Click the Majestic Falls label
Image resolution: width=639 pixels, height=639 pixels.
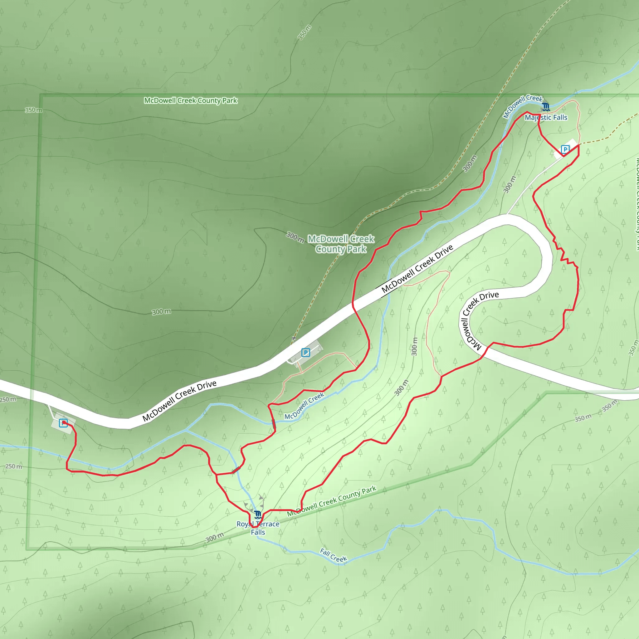point(546,117)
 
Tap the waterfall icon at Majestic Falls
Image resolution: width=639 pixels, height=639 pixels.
point(546,107)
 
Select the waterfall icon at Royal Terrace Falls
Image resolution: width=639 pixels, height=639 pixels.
point(258,515)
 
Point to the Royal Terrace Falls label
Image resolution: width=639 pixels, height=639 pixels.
point(258,528)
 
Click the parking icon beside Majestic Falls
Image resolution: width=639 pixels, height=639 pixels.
point(565,149)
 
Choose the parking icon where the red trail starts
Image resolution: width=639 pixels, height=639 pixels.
point(63,423)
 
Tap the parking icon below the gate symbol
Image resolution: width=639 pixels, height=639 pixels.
point(305,353)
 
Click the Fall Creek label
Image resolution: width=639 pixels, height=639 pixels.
point(334,555)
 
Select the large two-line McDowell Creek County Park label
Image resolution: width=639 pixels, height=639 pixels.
point(341,244)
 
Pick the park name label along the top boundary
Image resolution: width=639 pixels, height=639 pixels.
point(191,100)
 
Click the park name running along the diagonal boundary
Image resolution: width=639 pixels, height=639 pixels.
point(332,501)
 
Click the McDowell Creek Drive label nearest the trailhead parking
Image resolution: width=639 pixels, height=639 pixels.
point(179,401)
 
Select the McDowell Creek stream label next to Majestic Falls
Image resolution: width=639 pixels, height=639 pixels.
point(522,106)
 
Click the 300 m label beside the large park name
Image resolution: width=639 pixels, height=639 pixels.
point(295,237)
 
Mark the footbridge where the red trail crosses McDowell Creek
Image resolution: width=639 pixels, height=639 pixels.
point(274,424)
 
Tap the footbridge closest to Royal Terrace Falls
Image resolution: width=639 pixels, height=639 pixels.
point(236,470)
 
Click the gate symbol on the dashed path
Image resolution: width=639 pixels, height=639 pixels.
point(294,338)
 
